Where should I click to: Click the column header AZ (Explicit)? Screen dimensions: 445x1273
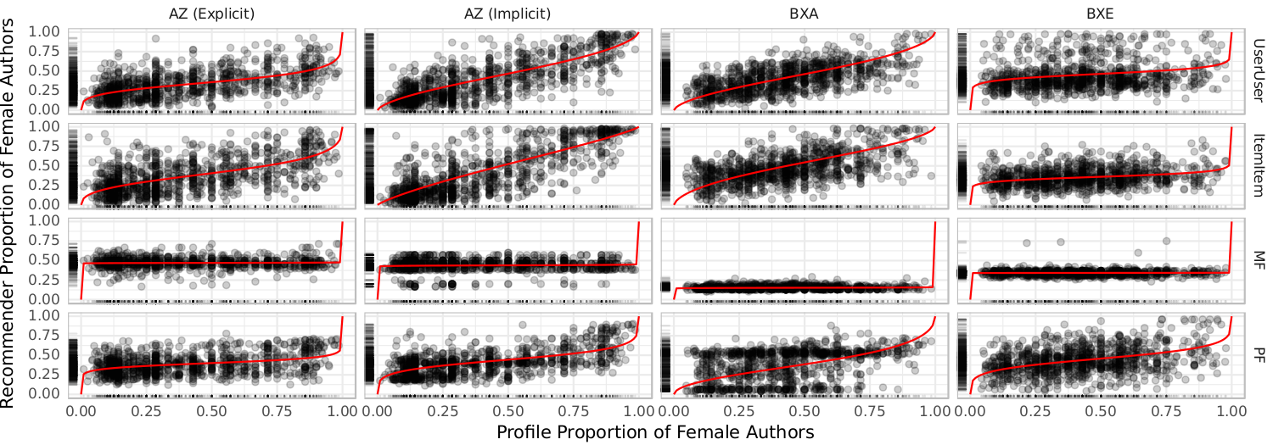[x=210, y=14]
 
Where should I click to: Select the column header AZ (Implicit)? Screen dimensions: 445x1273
[x=506, y=14]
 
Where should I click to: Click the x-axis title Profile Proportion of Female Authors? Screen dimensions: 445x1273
[x=655, y=432]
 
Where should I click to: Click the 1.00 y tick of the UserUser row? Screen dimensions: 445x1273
[x=44, y=32]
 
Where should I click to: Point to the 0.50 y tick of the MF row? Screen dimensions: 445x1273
[x=44, y=260]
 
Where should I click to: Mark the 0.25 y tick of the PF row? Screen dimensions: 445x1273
[x=44, y=375]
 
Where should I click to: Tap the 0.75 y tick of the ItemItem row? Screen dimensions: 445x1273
[x=44, y=146]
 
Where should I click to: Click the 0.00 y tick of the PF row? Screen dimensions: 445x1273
[x=44, y=394]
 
